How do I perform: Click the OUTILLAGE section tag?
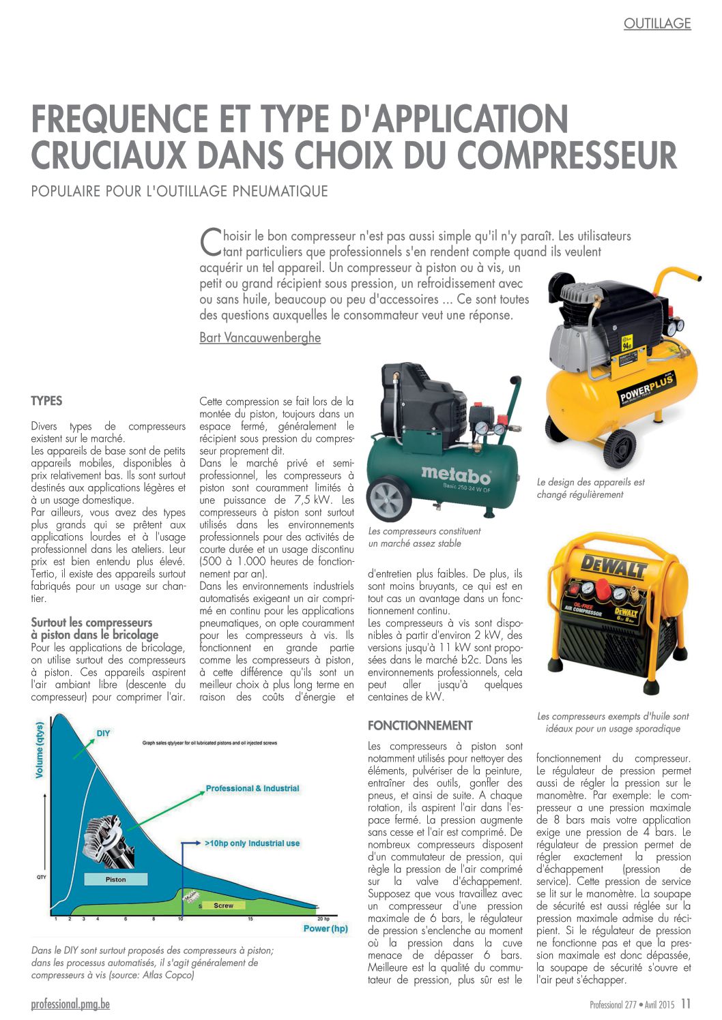tap(656, 24)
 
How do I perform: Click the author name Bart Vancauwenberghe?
tap(259, 337)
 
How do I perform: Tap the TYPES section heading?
tap(46, 401)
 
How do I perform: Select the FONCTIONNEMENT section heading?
tap(420, 725)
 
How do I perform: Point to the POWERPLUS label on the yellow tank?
tap(646, 387)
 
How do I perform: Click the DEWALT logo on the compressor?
tap(613, 566)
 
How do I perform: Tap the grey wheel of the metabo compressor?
tap(390, 500)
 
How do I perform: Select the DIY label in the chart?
tap(103, 733)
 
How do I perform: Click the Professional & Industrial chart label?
tap(252, 788)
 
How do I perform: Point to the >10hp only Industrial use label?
tap(252, 843)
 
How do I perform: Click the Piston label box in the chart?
tap(115, 880)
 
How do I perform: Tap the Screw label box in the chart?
tap(223, 905)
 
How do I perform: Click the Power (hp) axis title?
tap(326, 929)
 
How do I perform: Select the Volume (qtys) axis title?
tap(40, 750)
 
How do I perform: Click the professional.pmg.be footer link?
tap(70, 1004)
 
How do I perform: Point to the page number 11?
tap(685, 1004)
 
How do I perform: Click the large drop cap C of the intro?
tap(210, 240)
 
